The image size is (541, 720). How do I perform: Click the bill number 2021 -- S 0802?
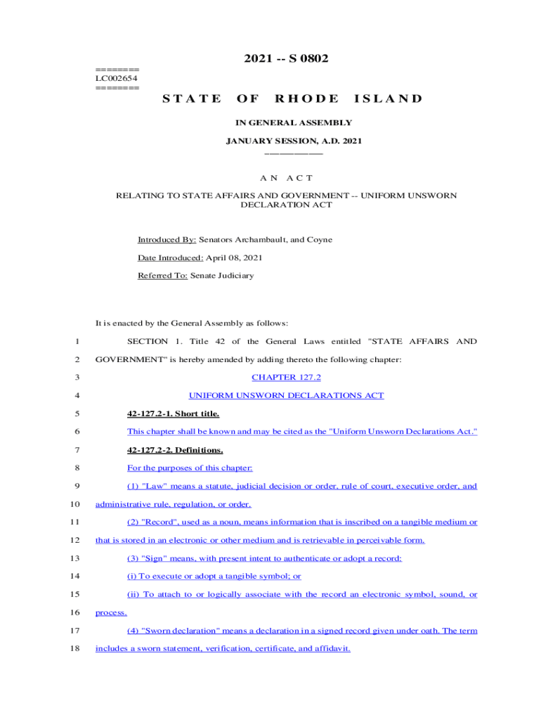coord(286,58)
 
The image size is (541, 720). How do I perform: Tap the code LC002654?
coord(117,78)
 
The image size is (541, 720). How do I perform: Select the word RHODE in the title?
coord(306,99)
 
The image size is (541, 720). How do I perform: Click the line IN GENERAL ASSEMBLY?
coord(293,123)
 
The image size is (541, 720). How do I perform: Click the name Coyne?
coord(319,240)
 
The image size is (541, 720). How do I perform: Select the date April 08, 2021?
coord(234,258)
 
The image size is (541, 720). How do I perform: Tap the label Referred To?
coord(162,276)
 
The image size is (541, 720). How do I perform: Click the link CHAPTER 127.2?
coord(286,378)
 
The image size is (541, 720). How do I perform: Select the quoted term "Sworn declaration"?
coord(177,631)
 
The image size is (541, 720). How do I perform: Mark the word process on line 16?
coord(110,612)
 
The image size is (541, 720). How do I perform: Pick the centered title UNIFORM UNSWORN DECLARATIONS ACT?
coord(286,396)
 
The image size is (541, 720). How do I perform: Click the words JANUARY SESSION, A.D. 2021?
coord(293,141)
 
